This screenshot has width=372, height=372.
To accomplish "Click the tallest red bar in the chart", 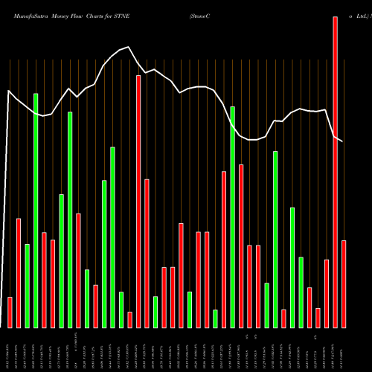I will click(335, 171).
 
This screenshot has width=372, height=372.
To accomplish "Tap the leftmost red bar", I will click(10, 312).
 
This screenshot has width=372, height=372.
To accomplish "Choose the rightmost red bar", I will click(344, 283).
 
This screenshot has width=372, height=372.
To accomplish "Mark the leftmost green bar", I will click(27, 286).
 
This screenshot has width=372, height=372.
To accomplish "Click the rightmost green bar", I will click(301, 292).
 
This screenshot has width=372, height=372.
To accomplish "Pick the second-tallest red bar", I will click(138, 201).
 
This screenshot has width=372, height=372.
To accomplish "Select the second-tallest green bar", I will click(232, 217).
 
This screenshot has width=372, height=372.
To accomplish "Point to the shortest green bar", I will click(216, 318).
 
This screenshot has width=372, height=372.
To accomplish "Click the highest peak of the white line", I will click(129, 48).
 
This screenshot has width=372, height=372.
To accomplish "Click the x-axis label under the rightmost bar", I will click(344, 350).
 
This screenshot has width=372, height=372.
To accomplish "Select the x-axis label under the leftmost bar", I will click(10, 350).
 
